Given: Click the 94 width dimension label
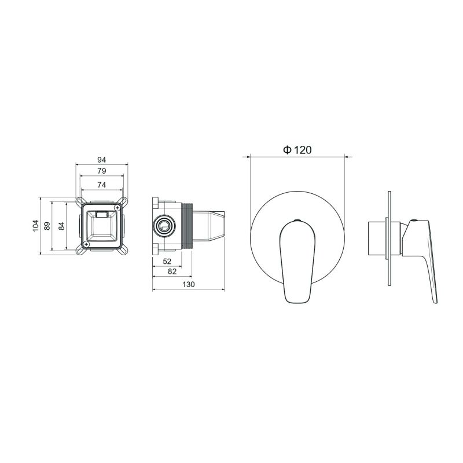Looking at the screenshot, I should point(101,160).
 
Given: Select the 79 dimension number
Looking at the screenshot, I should point(101,171).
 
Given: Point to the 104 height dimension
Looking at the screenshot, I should point(36,226).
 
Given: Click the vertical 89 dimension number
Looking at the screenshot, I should point(48,226).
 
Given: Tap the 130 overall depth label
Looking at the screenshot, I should point(188,285).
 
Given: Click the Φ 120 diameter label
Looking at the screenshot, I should point(297,150).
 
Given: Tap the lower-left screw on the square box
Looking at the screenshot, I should point(86,244).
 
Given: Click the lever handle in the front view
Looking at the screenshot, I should point(297,260).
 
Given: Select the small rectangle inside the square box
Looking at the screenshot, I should point(102,215).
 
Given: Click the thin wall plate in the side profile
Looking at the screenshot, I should point(392,237).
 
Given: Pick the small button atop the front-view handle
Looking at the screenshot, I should point(297,221).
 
